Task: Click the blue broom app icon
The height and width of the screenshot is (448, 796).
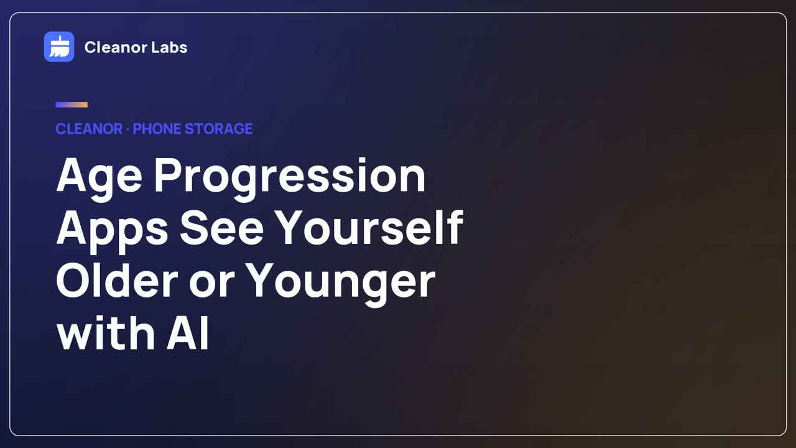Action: [59, 47]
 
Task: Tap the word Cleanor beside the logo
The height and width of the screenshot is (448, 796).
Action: [116, 47]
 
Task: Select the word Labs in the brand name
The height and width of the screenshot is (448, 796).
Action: [169, 47]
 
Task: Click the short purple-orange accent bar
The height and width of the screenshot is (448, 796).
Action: [72, 105]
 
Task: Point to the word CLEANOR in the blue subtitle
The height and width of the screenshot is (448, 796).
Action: [89, 129]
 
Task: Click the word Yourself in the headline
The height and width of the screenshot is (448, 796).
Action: [369, 228]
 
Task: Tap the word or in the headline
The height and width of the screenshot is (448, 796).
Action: [212, 284]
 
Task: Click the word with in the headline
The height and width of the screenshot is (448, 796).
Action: [106, 332]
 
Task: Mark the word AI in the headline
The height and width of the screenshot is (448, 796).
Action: [188, 332]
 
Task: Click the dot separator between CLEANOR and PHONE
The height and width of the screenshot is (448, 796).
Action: [128, 129]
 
